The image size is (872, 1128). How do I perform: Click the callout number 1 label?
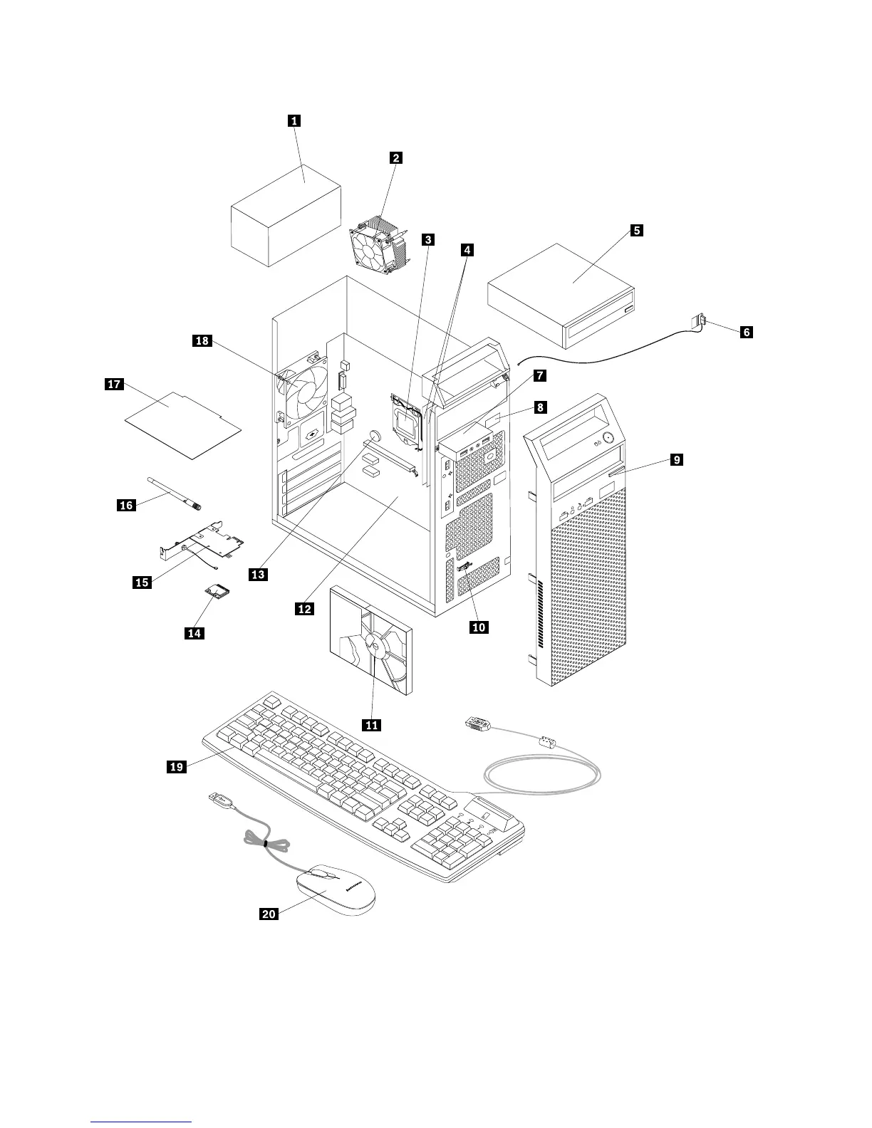[x=293, y=120]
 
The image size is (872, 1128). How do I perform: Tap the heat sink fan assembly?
[x=378, y=243]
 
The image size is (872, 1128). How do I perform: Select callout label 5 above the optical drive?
[x=636, y=230]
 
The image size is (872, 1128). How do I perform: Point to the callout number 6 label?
[x=745, y=332]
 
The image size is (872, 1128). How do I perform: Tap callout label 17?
[x=115, y=385]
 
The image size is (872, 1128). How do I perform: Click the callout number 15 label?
[x=142, y=583]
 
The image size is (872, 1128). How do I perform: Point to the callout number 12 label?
[x=305, y=609]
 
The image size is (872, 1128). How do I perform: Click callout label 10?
[x=479, y=627]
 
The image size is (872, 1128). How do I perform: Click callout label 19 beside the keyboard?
[x=176, y=766]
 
